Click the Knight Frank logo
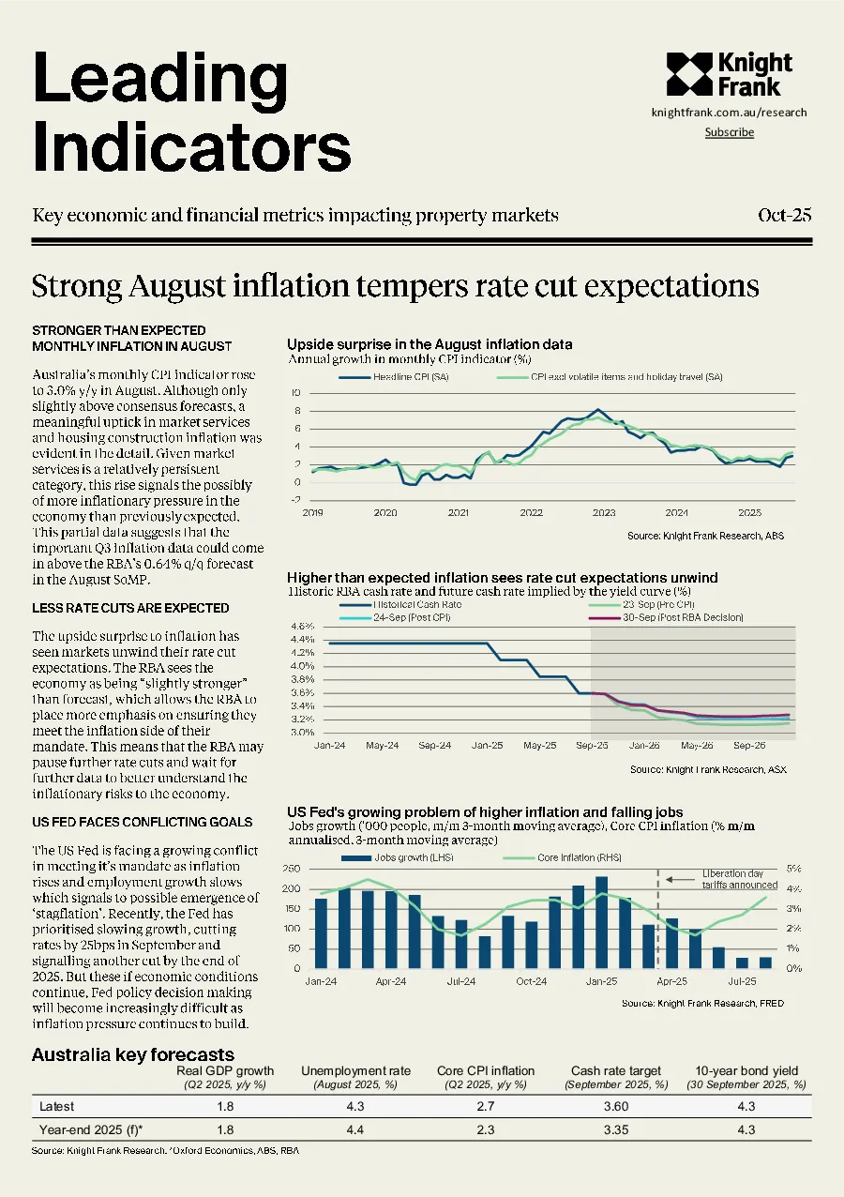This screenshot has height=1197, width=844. [730, 74]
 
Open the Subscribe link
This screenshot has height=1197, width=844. [730, 132]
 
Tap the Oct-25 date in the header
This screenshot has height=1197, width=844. [785, 215]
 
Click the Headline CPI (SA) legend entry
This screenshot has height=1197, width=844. [394, 377]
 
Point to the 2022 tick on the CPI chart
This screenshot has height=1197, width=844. [531, 512]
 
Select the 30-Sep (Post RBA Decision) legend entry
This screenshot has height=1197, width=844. [666, 617]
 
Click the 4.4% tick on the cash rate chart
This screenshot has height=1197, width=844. [302, 639]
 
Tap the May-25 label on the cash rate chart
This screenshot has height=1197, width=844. [539, 745]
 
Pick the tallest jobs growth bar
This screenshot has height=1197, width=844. [601, 922]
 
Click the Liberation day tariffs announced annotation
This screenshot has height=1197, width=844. [740, 879]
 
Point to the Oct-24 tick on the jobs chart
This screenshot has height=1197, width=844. [532, 981]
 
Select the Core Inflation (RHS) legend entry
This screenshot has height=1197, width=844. [562, 857]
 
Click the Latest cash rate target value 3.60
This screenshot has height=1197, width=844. [616, 1106]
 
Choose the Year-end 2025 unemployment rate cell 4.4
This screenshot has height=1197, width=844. [355, 1129]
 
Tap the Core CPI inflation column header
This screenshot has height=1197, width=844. [486, 1071]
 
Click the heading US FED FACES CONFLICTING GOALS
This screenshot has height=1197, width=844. [143, 822]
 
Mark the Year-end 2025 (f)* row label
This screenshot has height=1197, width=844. [91, 1129]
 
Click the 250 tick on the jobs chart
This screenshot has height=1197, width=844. [292, 869]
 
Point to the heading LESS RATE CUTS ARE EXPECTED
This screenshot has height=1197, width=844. [130, 608]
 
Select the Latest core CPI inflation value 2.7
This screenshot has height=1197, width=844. [486, 1106]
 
